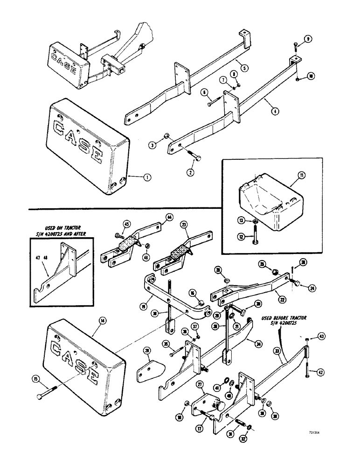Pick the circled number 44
(x=169, y=217)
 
